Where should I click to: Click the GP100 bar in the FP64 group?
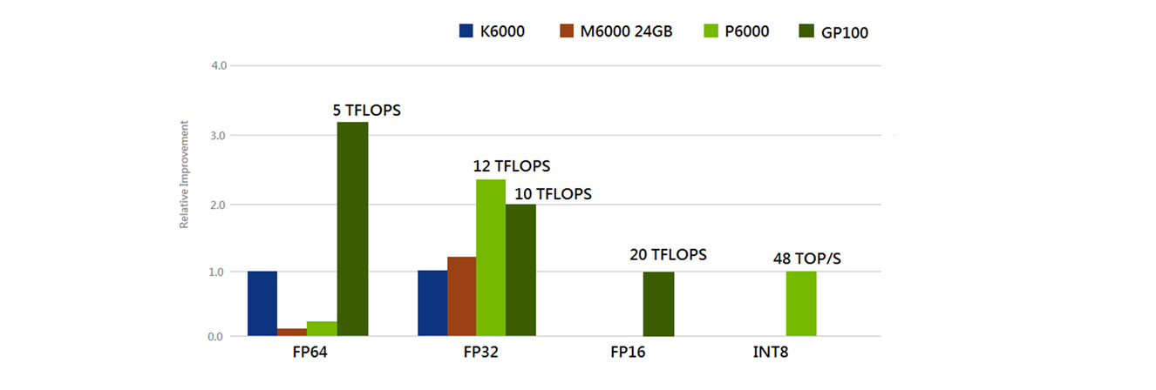(352, 229)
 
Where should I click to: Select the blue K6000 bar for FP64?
(262, 304)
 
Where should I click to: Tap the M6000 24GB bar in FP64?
(292, 332)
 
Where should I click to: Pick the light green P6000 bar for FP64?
(322, 329)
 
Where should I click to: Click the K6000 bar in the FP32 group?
(432, 304)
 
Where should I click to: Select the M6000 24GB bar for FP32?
(462, 297)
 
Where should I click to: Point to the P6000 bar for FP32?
(491, 258)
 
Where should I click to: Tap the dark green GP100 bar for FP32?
(520, 270)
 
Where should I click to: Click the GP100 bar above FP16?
(658, 304)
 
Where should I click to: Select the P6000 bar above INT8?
(801, 304)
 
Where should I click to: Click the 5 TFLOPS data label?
(371, 111)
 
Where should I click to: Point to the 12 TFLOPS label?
(513, 165)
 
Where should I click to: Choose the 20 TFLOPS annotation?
(667, 255)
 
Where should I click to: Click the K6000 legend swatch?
(466, 32)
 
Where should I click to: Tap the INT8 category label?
(771, 354)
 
